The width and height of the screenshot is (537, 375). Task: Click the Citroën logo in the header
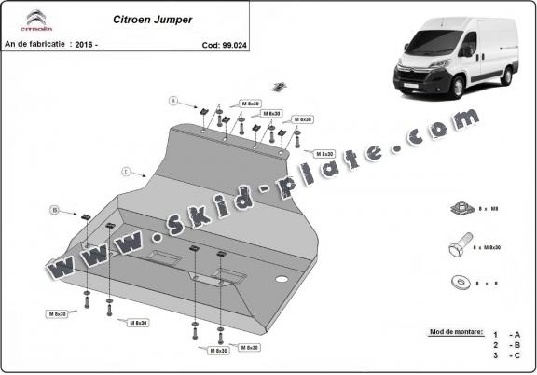[34, 21]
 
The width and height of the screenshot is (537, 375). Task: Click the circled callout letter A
[172, 100]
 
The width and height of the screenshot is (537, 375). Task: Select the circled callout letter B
[55, 210]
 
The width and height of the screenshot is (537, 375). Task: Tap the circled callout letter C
[125, 172]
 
